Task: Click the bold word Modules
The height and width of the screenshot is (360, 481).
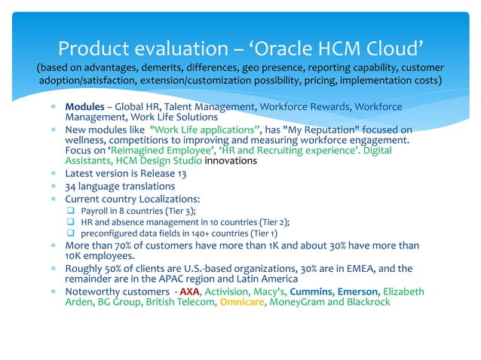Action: (x=84, y=107)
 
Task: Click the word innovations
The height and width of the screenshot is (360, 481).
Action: (x=231, y=160)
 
